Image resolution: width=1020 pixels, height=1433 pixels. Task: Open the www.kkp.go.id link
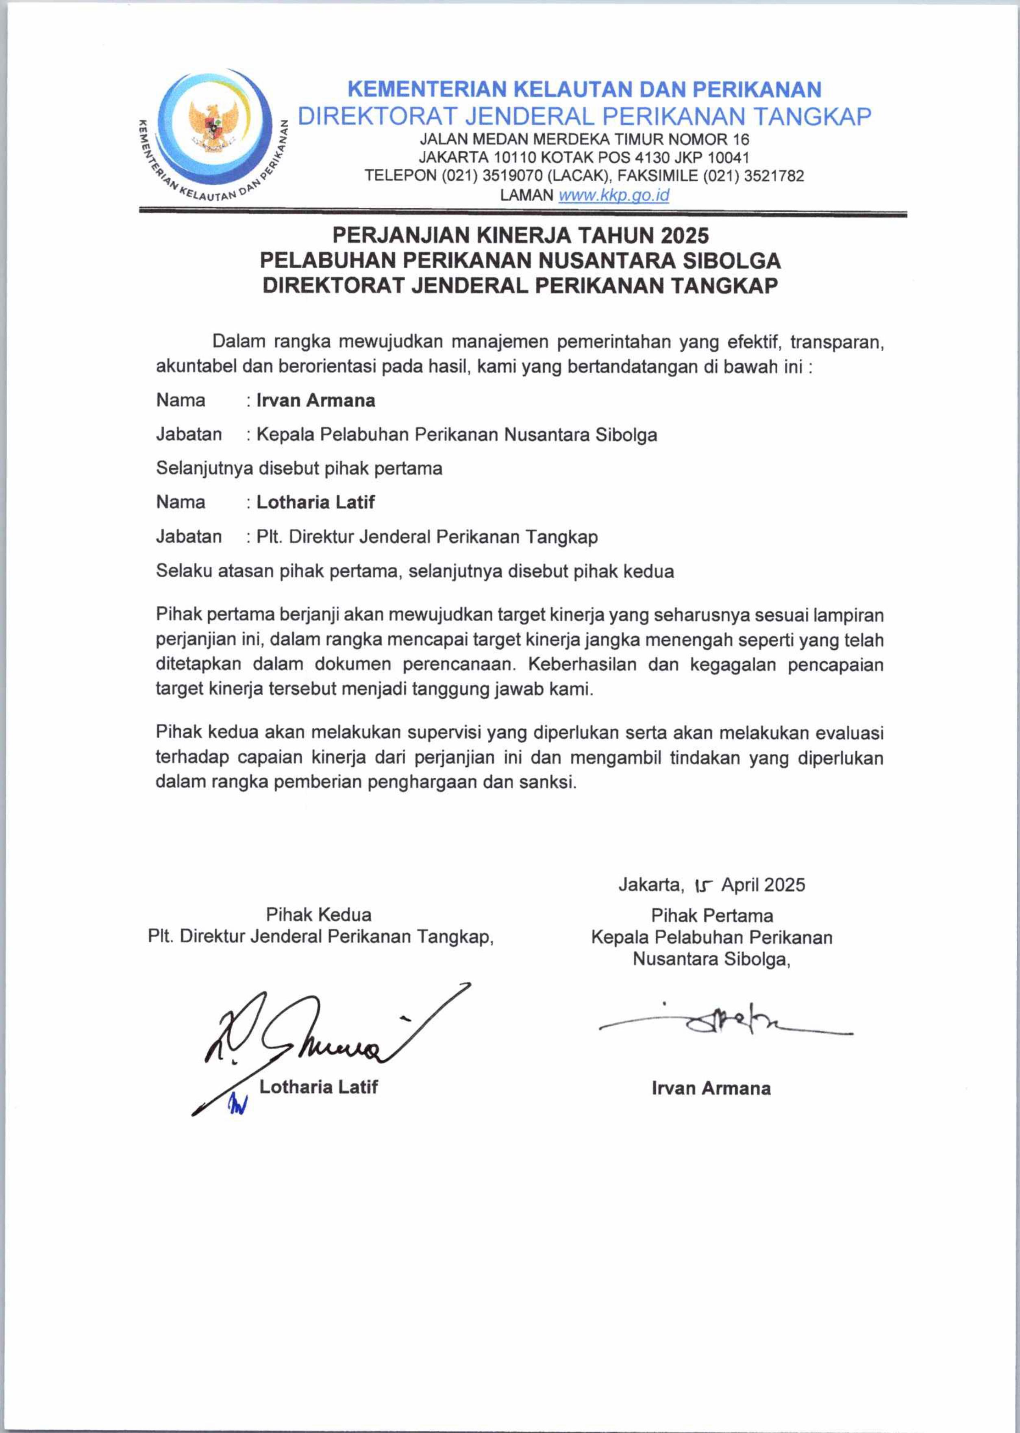[x=613, y=195]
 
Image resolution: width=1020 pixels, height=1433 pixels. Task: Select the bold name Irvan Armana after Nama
[x=316, y=401]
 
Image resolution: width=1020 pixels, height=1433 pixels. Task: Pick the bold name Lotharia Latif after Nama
[x=315, y=502]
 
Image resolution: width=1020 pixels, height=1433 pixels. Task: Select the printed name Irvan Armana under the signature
[x=711, y=1088]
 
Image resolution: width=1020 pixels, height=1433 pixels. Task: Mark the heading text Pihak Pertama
[x=711, y=915]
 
